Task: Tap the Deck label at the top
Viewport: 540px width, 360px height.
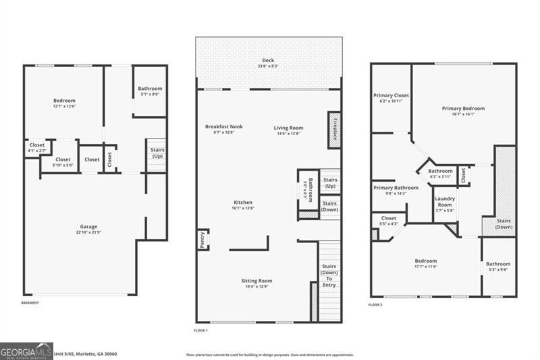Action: point(268,63)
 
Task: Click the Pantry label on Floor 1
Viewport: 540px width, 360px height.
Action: point(202,240)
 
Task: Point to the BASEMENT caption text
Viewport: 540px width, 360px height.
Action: point(30,303)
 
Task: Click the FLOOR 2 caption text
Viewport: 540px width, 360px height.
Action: point(375,305)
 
